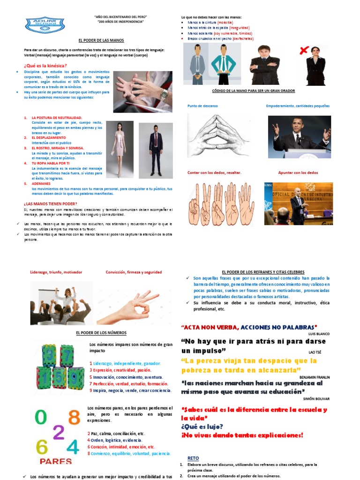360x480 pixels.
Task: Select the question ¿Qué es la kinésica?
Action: point(45,65)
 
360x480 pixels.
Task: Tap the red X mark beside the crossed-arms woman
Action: point(304,50)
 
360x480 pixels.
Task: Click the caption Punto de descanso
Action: point(202,106)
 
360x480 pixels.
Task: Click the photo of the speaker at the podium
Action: point(300,137)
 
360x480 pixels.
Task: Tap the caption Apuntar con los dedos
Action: point(298,172)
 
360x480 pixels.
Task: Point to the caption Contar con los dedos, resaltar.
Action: point(214,172)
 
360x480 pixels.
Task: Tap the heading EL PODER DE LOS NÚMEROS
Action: point(98,332)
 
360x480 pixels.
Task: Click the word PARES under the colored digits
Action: point(56,461)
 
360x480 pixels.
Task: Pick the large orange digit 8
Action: point(74,417)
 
